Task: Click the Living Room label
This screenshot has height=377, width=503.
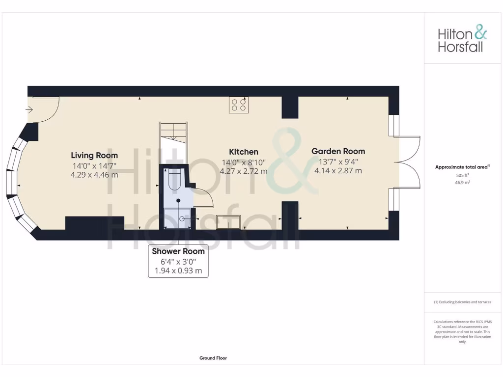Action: pyautogui.click(x=94, y=156)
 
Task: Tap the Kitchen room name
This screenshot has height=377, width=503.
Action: pyautogui.click(x=244, y=152)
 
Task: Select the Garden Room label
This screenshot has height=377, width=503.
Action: pyautogui.click(x=338, y=151)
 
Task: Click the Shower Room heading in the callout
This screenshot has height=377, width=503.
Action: pyautogui.click(x=178, y=251)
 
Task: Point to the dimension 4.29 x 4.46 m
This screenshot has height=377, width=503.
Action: pyautogui.click(x=94, y=175)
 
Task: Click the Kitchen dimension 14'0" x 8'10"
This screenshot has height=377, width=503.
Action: pyautogui.click(x=244, y=162)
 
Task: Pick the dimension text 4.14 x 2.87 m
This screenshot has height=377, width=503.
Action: pyautogui.click(x=338, y=171)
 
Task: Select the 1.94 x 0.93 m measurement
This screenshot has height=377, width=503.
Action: pyautogui.click(x=178, y=270)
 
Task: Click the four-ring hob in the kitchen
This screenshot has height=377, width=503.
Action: pyautogui.click(x=239, y=105)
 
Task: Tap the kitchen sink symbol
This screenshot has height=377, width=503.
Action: pyautogui.click(x=228, y=222)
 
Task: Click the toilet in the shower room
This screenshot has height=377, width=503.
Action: pyautogui.click(x=175, y=180)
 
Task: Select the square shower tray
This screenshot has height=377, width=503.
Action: pyautogui.click(x=178, y=218)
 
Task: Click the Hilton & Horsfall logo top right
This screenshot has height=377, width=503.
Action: pyautogui.click(x=462, y=40)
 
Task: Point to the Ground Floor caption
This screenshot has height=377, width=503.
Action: pyautogui.click(x=213, y=358)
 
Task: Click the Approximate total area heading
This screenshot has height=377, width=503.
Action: pyautogui.click(x=462, y=167)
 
